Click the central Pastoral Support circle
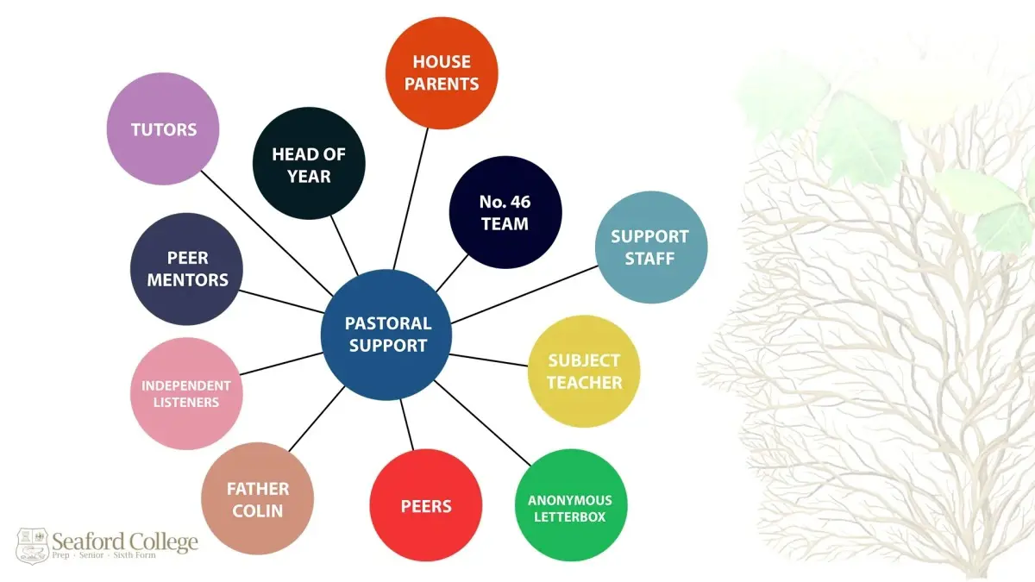[386, 335]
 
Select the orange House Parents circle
[442, 72]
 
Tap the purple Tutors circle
[163, 129]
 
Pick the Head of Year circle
[309, 164]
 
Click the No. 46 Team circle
[505, 212]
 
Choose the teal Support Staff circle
[651, 247]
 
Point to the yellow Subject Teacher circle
[584, 371]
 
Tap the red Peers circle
[425, 505]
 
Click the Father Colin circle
[257, 498]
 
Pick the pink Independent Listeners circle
[186, 393]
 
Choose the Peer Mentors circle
[186, 268]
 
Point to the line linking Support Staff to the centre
[526, 293]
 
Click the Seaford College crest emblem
[32, 545]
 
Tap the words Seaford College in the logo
[124, 541]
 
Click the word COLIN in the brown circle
[257, 510]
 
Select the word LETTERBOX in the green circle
[570, 517]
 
